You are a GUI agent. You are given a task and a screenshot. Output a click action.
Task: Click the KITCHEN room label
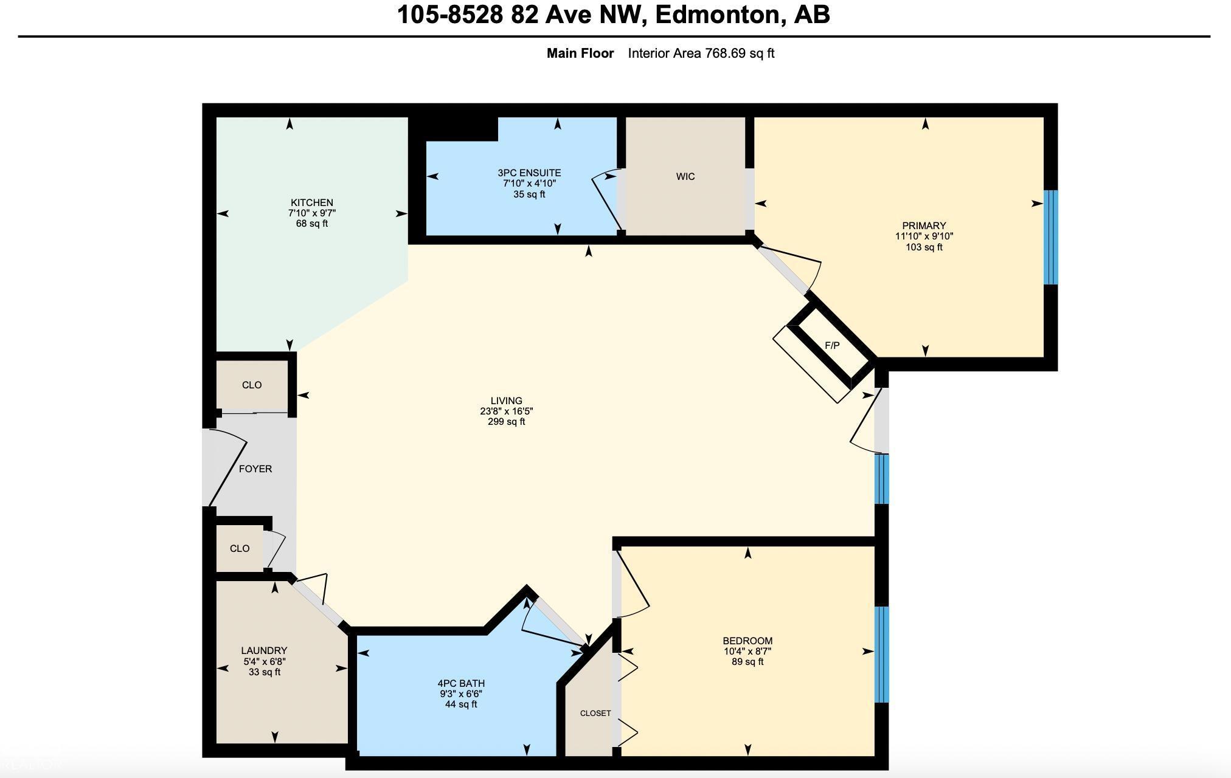pyautogui.click(x=312, y=202)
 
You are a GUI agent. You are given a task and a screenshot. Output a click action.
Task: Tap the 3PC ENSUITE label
pyautogui.click(x=529, y=173)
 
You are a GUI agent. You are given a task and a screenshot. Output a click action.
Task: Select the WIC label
pyautogui.click(x=685, y=177)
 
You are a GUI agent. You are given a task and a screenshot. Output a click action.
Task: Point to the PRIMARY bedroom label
pyautogui.click(x=924, y=226)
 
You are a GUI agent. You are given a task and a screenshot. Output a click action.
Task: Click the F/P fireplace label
pyautogui.click(x=832, y=345)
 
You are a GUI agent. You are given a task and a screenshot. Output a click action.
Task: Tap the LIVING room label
pyautogui.click(x=507, y=401)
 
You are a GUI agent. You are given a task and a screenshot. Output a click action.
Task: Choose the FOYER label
pyautogui.click(x=255, y=469)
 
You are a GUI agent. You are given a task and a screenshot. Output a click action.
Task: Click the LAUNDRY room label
pyautogui.click(x=264, y=650)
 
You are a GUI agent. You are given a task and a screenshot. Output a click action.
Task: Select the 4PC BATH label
pyautogui.click(x=461, y=683)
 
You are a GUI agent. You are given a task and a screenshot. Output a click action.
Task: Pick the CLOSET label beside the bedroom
pyautogui.click(x=595, y=714)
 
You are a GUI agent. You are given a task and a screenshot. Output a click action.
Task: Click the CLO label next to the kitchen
pyautogui.click(x=252, y=385)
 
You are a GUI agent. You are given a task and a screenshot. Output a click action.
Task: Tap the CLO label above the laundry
pyautogui.click(x=240, y=549)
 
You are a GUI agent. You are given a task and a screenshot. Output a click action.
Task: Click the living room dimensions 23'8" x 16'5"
pyautogui.click(x=507, y=411)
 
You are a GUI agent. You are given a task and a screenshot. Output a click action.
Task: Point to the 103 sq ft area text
pyautogui.click(x=924, y=247)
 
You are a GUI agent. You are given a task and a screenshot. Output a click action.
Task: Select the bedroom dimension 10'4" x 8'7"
pyautogui.click(x=747, y=652)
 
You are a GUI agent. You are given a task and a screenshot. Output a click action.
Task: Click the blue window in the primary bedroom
pyautogui.click(x=1051, y=237)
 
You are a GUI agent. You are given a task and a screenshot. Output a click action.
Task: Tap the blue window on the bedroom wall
pyautogui.click(x=882, y=655)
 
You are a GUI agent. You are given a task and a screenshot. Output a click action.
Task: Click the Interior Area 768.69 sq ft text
pyautogui.click(x=701, y=53)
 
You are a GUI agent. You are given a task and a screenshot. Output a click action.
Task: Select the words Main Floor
pyautogui.click(x=580, y=53)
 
